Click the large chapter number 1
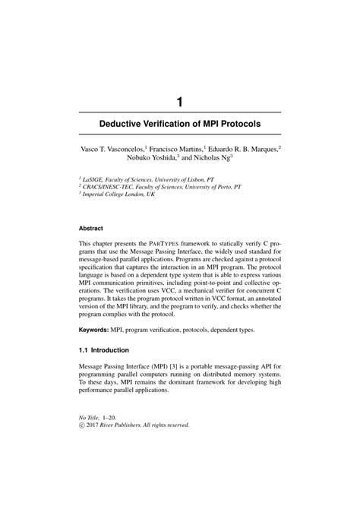click(x=180, y=100)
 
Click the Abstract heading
click(x=94, y=227)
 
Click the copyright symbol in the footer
click(x=83, y=425)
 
